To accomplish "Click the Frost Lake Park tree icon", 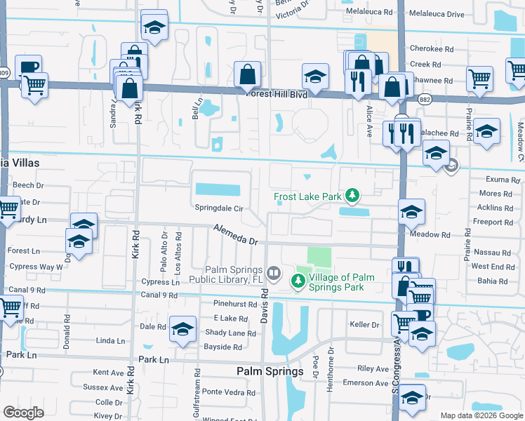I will [x=356, y=196].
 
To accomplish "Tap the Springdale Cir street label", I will [x=219, y=208].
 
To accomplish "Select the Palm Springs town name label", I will [x=270, y=371].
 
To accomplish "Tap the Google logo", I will [x=23, y=412].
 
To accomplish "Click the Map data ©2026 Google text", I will [x=481, y=415].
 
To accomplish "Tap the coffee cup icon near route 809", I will [x=29, y=67].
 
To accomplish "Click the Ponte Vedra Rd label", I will [x=222, y=392].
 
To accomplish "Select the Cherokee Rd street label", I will [x=425, y=51].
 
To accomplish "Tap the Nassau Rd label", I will [x=491, y=252].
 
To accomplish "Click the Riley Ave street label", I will [x=373, y=368].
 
